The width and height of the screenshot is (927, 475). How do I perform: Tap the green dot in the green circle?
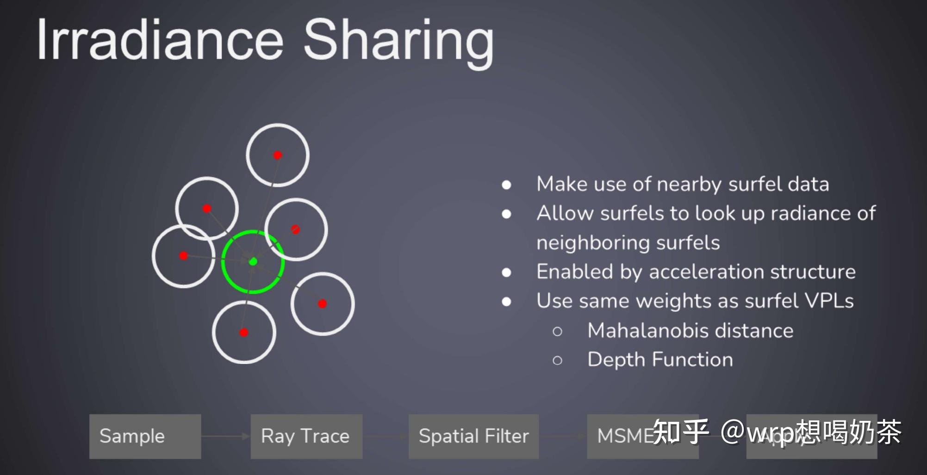[x=253, y=262]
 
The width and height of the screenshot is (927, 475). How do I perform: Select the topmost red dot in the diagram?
[x=278, y=155]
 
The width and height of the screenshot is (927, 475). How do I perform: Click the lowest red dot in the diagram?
[x=244, y=332]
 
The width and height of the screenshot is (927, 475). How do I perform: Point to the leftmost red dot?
[x=184, y=255]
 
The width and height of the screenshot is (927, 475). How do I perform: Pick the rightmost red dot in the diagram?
[x=323, y=303]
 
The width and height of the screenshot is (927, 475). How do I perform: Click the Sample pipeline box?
[x=145, y=436]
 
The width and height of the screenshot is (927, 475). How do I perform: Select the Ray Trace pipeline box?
[x=306, y=436]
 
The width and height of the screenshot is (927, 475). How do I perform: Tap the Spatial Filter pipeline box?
[x=473, y=436]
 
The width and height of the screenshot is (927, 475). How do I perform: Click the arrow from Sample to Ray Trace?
[x=225, y=436]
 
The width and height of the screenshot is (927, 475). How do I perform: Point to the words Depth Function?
[x=660, y=359]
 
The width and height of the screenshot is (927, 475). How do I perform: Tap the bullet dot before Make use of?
[x=507, y=185]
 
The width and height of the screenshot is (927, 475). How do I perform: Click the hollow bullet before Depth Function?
[x=557, y=360]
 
